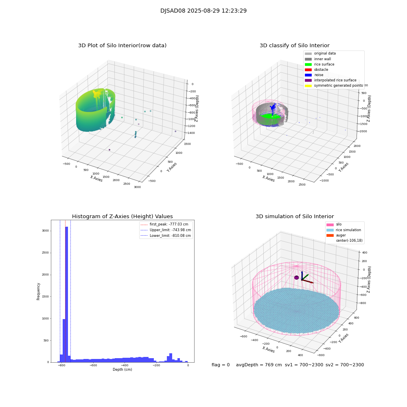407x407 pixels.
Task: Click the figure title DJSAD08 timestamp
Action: pyautogui.click(x=203, y=11)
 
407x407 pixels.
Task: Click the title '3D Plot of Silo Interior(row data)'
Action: pyautogui.click(x=122, y=46)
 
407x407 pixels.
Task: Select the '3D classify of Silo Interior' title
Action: pyautogui.click(x=295, y=46)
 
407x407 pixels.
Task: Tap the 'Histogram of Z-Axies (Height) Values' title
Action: pyautogui.click(x=122, y=217)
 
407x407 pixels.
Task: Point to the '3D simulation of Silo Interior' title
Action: pyautogui.click(x=295, y=217)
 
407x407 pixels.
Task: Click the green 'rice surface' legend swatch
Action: pyautogui.click(x=308, y=64)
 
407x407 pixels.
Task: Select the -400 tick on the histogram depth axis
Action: pyautogui.click(x=156, y=365)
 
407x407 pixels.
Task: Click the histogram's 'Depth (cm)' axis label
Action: pyautogui.click(x=122, y=370)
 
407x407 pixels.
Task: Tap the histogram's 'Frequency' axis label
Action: pyautogui.click(x=39, y=291)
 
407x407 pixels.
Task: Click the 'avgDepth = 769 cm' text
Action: pyautogui.click(x=259, y=365)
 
